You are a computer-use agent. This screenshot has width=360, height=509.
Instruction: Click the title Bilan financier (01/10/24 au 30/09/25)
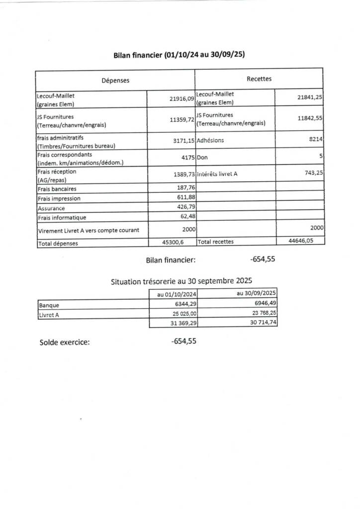(x=180, y=55)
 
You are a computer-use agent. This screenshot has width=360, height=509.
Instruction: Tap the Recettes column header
(x=259, y=79)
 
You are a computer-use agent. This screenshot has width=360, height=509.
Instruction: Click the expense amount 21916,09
(x=181, y=99)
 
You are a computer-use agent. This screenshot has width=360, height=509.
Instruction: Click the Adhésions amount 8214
(x=316, y=140)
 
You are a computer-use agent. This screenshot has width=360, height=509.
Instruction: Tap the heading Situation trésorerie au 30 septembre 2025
(x=182, y=281)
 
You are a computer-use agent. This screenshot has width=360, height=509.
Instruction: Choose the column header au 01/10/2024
(x=174, y=294)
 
